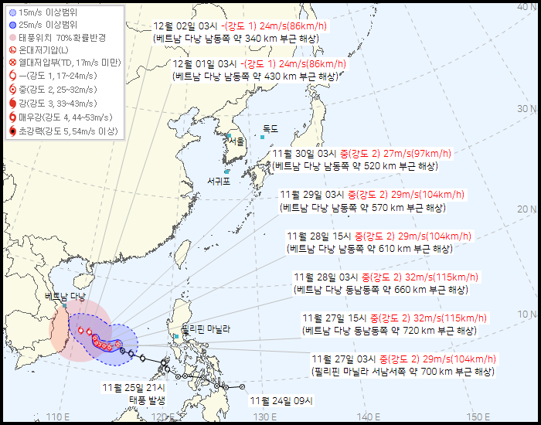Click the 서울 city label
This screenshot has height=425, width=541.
coord(236,141)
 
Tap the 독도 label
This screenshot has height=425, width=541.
coord(270,128)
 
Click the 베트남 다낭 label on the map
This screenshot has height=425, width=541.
coord(66,296)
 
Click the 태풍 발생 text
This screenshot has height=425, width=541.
coord(148,399)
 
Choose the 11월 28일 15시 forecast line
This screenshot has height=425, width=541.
coord(379,236)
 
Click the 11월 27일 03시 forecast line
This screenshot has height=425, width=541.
coord(403,359)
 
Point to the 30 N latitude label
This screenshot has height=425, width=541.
coord(527,109)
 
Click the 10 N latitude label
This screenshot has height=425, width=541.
coord(527,314)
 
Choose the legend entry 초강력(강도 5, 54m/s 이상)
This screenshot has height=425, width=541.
coord(62,131)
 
